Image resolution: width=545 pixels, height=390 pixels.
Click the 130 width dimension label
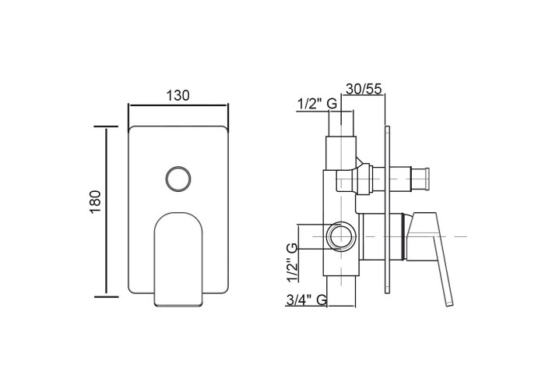(178, 95)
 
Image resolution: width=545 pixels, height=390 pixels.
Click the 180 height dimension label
(95, 202)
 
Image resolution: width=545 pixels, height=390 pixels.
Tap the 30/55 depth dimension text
(364, 89)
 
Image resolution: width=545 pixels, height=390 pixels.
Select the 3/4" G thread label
(306, 299)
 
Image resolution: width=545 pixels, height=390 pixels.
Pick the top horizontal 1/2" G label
(318, 104)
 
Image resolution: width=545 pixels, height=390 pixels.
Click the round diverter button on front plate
(178, 179)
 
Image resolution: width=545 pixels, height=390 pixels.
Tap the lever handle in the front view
(178, 259)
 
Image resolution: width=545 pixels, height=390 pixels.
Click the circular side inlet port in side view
(342, 236)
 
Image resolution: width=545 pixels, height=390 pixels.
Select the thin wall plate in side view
(388, 210)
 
